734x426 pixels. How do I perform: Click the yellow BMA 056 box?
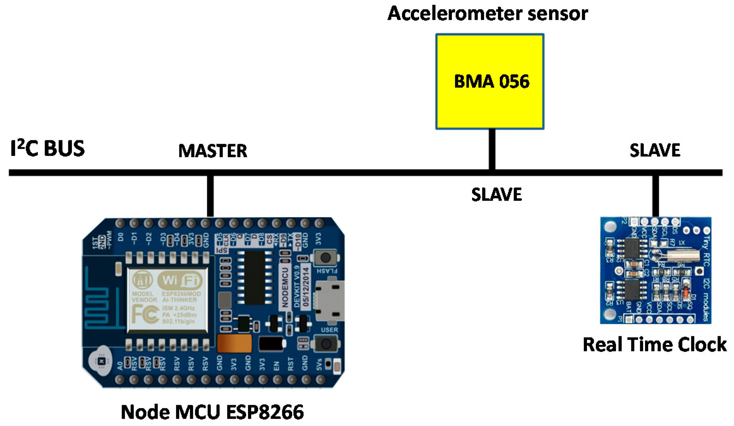point(489,81)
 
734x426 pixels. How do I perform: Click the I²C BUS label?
point(47,148)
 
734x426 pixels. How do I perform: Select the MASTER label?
point(212,151)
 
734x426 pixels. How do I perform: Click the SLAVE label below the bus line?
point(496,194)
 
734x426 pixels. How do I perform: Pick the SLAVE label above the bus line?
point(654,150)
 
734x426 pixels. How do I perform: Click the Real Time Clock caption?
point(654,344)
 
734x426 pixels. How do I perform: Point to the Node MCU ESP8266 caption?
point(212,412)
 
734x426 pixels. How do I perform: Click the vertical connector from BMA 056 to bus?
point(492,149)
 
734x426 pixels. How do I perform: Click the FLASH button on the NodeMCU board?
point(325,258)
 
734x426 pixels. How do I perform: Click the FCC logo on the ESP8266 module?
point(145,314)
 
